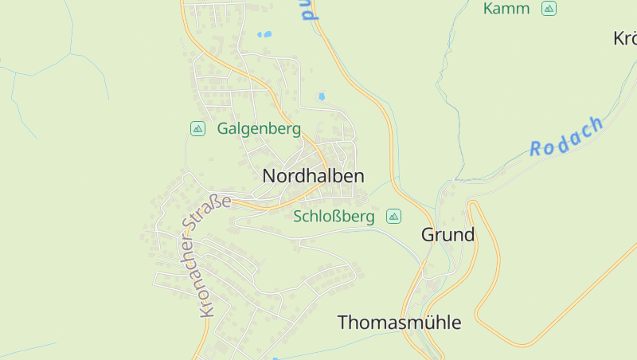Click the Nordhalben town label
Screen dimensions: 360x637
[314, 176]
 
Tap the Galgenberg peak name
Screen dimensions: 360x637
[259, 128]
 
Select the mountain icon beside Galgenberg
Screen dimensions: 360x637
[197, 128]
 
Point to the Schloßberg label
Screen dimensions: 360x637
[334, 217]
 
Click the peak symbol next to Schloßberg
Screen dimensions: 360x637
[393, 216]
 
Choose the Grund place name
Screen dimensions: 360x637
[447, 235]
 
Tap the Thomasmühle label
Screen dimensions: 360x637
[399, 323]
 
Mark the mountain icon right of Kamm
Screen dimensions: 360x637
[548, 9]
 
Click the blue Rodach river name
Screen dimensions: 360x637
[567, 136]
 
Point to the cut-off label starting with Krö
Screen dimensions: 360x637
[625, 38]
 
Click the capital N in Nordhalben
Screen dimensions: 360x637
[269, 176]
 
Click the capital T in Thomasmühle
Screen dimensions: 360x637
[343, 323]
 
